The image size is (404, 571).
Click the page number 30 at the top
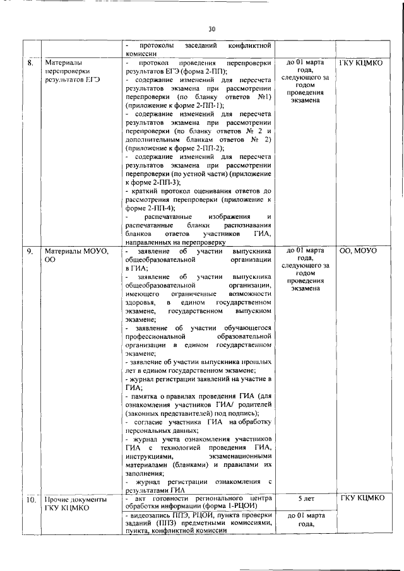coord(211,28)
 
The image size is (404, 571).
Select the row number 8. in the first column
coord(30,64)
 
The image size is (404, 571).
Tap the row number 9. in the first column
coord(30,251)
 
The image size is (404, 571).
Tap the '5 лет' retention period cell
coord(305,498)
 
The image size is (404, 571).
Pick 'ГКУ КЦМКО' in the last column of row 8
coord(361,63)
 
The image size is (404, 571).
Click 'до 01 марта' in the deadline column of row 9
coord(305,250)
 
